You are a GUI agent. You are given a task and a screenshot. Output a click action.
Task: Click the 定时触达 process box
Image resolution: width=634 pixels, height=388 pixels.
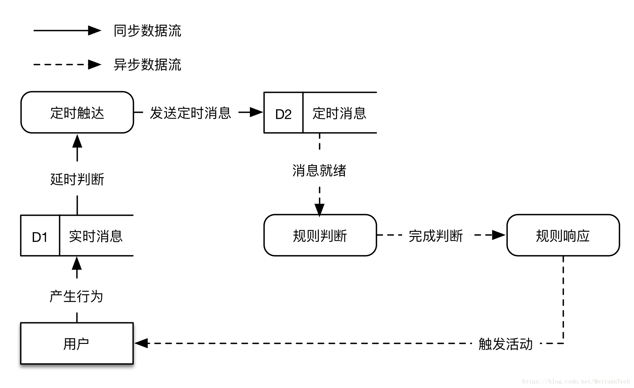point(77,112)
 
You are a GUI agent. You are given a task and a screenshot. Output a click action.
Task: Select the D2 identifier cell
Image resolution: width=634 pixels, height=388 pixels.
point(283,113)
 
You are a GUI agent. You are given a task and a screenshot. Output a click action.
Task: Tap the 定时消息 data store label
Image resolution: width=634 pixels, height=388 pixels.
point(339,113)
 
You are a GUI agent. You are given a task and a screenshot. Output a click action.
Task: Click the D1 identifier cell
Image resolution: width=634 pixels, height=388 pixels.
point(40,236)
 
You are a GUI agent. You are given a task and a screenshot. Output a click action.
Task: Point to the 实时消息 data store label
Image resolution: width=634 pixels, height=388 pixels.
point(96,236)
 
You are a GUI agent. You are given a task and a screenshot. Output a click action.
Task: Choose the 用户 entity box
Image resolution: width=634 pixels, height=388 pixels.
point(77,343)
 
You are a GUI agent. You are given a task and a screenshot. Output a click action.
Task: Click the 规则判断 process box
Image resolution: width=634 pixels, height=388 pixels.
point(320,235)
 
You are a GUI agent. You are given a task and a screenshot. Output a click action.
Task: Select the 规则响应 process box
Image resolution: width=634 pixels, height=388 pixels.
point(563,235)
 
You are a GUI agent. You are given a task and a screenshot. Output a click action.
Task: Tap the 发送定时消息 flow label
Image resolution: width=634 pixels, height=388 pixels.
point(190,113)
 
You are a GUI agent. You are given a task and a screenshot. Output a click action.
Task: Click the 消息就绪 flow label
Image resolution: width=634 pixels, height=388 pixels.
point(319,170)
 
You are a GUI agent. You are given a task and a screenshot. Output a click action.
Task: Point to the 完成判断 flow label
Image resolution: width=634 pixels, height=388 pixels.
point(435,236)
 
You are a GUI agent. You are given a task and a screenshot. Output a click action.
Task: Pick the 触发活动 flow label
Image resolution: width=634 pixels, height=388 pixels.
point(505,344)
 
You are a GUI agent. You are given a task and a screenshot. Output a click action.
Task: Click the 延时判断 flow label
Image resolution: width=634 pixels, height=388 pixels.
point(77,179)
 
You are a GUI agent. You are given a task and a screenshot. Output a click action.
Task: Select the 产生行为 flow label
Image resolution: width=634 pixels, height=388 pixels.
point(76,296)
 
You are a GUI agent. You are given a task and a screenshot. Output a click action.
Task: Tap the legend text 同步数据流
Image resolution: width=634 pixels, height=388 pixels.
point(147,31)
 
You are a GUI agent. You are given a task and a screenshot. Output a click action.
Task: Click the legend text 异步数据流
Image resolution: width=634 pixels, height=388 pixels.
point(147,64)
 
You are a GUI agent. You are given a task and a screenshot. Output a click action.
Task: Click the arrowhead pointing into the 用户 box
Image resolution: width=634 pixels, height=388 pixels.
point(141,343)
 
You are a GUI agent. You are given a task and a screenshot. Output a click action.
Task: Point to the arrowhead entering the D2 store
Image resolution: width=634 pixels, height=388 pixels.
point(257,112)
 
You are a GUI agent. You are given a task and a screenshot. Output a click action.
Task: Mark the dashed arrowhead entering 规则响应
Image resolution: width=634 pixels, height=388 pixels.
point(499,235)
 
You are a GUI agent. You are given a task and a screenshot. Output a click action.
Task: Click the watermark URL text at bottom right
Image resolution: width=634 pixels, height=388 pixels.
point(576,381)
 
